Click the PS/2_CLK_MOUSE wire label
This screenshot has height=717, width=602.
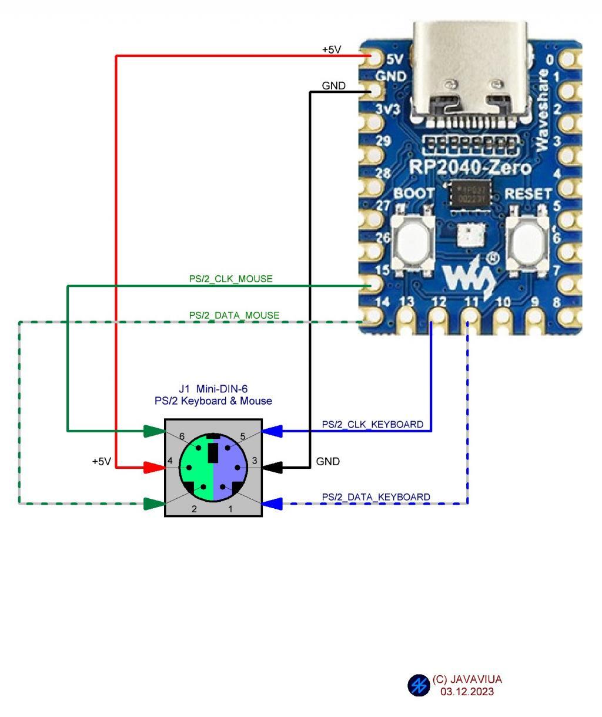(230, 279)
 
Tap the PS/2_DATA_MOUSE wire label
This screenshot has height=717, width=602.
(234, 315)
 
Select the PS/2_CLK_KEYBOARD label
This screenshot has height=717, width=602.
(372, 424)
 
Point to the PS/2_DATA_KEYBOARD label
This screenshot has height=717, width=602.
(376, 497)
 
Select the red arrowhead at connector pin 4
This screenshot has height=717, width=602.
(153, 468)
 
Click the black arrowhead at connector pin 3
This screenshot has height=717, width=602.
(272, 468)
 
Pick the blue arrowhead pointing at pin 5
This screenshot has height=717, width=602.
(272, 431)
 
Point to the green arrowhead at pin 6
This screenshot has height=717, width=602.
(155, 431)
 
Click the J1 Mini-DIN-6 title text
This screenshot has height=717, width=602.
(209, 389)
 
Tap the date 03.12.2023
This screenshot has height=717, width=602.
(467, 692)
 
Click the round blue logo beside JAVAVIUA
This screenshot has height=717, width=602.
(419, 685)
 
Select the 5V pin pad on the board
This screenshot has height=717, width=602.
(374, 57)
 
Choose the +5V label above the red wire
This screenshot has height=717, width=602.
(331, 50)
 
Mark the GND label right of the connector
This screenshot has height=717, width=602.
(327, 462)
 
